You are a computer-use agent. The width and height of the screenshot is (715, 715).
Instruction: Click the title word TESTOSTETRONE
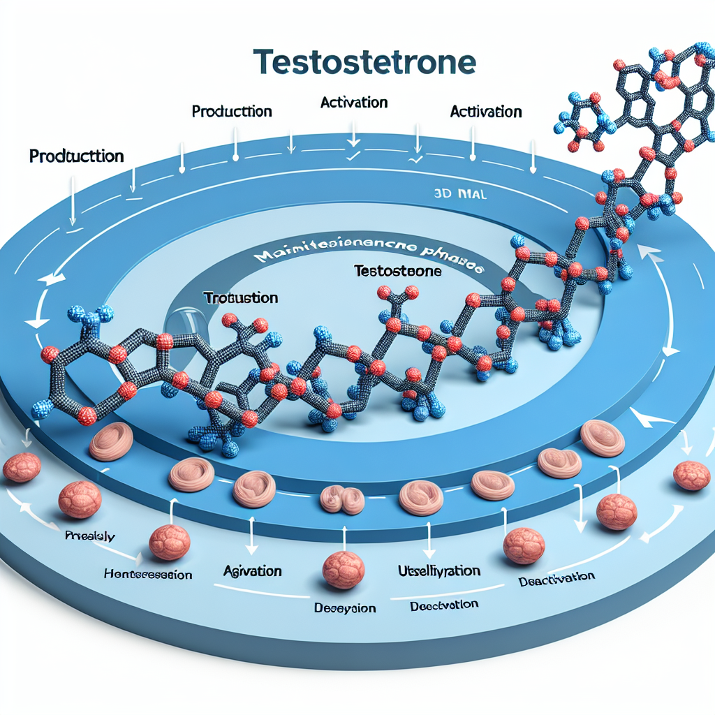pos(366,62)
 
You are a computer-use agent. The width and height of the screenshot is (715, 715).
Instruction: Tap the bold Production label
pos(77,156)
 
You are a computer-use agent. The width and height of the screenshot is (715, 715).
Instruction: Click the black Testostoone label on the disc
pos(397,270)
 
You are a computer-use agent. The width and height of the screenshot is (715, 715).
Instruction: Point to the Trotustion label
pos(241,298)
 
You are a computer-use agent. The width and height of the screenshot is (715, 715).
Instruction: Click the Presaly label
pos(90,536)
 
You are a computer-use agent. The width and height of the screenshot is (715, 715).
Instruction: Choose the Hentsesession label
pos(147,575)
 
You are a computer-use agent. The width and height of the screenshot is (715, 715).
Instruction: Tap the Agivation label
pos(252,570)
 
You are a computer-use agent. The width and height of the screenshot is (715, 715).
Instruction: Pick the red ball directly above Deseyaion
pos(343,569)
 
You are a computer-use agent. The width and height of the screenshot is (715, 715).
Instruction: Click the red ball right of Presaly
pos(170,541)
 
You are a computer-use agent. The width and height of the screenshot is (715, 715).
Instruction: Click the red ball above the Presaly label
pos(80,499)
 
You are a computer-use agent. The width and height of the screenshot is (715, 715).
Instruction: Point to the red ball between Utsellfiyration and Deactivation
pos(524,545)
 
